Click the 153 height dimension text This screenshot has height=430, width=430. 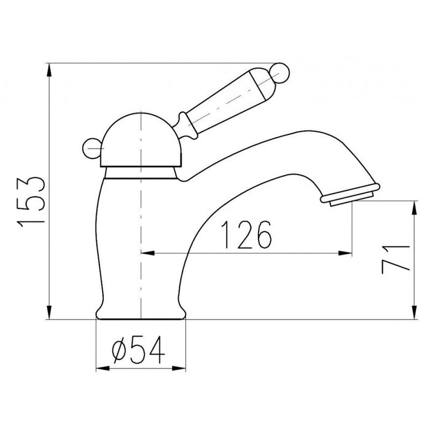(x=31, y=192)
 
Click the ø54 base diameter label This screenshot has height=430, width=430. (x=141, y=350)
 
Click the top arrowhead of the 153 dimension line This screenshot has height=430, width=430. (x=49, y=68)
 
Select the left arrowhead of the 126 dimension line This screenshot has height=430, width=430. (x=147, y=252)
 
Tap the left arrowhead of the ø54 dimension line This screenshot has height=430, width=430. (x=102, y=368)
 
